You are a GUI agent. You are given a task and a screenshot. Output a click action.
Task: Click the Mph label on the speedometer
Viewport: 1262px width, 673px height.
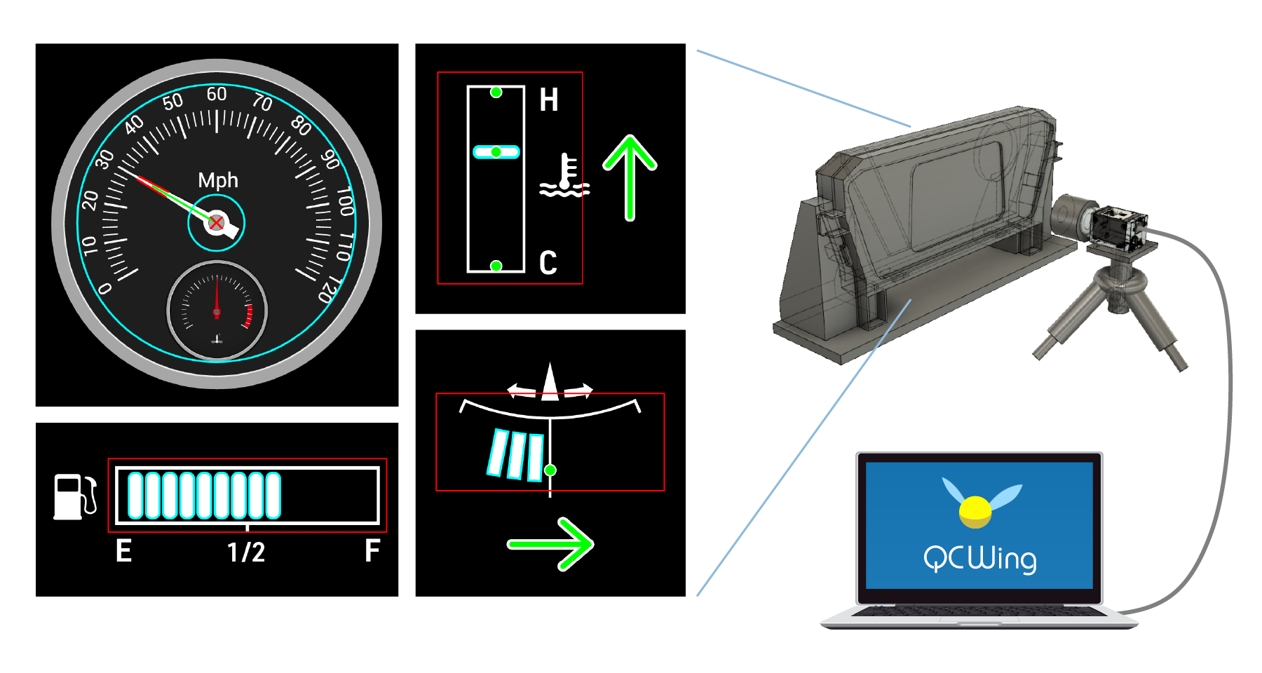[218, 180]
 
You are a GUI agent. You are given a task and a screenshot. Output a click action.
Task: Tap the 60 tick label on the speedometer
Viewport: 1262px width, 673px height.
[217, 94]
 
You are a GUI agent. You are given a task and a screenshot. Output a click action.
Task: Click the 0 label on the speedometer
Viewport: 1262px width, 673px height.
[105, 288]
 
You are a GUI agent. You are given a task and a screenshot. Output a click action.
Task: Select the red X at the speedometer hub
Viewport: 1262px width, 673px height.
[217, 223]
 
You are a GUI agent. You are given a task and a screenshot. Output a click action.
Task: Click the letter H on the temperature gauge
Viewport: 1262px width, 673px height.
[549, 100]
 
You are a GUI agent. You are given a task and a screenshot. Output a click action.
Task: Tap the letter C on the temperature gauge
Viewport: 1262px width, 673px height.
[548, 263]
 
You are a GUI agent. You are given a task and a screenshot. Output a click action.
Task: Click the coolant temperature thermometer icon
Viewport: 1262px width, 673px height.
[564, 175]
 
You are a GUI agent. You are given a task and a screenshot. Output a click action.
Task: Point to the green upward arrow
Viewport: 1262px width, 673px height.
[630, 177]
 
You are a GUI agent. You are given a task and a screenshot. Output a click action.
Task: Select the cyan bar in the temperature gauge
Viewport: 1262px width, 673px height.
[496, 152]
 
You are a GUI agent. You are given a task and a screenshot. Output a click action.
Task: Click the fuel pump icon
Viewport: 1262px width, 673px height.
[74, 497]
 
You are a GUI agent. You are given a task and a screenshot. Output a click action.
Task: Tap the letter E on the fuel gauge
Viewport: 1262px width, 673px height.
[123, 551]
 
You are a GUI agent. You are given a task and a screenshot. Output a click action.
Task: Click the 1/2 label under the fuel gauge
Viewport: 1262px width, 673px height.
[246, 552]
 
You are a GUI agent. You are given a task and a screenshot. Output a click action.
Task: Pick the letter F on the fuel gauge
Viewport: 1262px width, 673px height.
[372, 551]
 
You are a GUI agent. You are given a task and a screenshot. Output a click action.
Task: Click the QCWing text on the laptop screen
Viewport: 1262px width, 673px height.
[979, 559]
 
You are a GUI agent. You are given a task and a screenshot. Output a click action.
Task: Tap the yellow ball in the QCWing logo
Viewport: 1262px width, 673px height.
[975, 512]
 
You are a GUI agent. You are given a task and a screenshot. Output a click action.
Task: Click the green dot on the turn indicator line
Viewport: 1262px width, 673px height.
[550, 470]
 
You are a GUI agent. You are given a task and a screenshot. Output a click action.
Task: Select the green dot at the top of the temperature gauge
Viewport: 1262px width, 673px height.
[496, 93]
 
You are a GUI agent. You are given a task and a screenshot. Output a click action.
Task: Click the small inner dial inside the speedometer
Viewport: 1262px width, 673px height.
[217, 311]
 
